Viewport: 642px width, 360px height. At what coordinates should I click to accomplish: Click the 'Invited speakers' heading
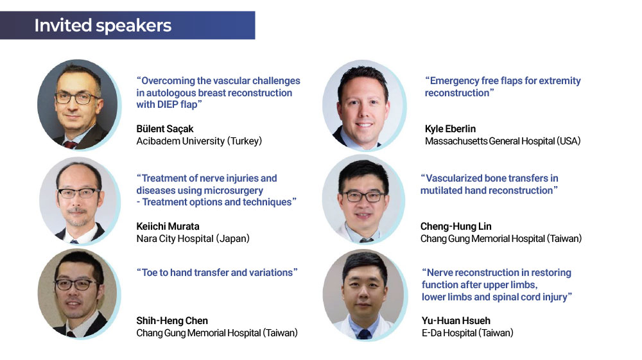pos(103,26)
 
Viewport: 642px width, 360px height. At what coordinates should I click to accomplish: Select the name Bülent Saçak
pos(164,129)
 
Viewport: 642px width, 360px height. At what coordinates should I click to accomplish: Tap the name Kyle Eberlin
pos(450,129)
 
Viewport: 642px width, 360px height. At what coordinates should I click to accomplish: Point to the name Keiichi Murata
pos(168,227)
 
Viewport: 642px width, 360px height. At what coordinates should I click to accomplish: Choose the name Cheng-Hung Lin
pos(456,227)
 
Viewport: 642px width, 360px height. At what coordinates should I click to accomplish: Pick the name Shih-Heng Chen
pos(172,321)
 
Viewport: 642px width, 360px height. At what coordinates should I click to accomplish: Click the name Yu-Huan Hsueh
pos(456,321)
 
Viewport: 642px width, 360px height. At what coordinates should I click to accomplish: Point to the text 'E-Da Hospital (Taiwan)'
pos(467,333)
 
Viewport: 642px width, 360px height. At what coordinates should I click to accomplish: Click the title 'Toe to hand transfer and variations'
pos(217,273)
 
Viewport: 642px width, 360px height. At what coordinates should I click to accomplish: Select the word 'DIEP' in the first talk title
pos(168,105)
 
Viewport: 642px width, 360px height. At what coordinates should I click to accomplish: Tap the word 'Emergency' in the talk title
pos(455,81)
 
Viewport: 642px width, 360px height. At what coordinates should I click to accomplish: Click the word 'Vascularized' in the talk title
pos(454,178)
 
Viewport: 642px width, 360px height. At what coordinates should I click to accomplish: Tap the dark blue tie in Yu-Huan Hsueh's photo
pos(363,334)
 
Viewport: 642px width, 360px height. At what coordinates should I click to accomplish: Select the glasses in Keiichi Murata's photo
pos(78,193)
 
